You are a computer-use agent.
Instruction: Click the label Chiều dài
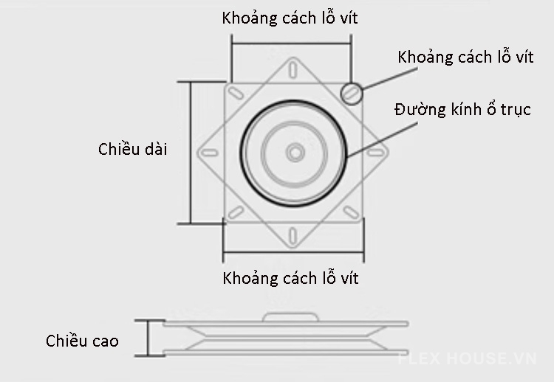click(133, 150)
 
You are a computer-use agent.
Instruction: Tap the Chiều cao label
click(82, 341)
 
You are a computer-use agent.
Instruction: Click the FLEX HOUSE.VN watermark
click(467, 359)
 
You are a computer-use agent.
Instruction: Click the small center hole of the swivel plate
click(295, 153)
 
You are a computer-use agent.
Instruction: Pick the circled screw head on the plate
click(352, 91)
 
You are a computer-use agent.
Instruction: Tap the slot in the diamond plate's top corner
click(295, 72)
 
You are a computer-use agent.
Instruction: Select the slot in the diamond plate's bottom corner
click(295, 235)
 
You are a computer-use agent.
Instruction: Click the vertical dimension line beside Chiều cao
click(148, 338)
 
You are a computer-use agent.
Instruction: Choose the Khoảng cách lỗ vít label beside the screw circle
click(465, 58)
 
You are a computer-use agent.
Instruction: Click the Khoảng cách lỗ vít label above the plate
click(290, 18)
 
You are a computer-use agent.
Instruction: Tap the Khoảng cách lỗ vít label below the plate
click(290, 279)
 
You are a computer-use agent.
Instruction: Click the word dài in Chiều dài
click(156, 150)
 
